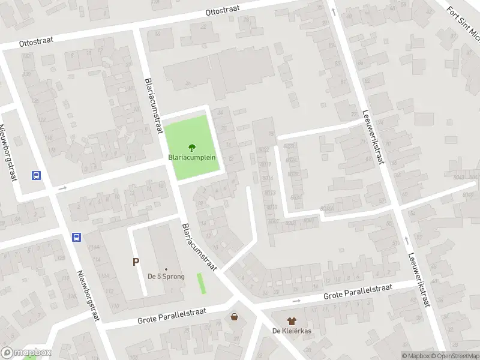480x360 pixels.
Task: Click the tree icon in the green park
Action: (192, 146)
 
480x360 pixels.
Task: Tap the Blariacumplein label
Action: (192, 158)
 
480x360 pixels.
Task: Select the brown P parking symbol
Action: (136, 262)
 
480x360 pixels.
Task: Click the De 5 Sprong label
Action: (166, 277)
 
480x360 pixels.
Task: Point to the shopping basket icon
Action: (234, 316)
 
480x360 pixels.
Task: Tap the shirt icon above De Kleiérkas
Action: (292, 322)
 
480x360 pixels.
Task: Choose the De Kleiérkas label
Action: (292, 331)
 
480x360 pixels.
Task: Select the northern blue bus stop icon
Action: (36, 176)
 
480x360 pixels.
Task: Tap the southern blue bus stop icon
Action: (77, 237)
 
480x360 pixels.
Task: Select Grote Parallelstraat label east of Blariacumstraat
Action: (358, 292)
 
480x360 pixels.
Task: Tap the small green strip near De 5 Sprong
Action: (201, 283)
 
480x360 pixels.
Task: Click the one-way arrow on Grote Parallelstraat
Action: (296, 301)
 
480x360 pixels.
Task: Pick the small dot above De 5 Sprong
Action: (166, 269)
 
